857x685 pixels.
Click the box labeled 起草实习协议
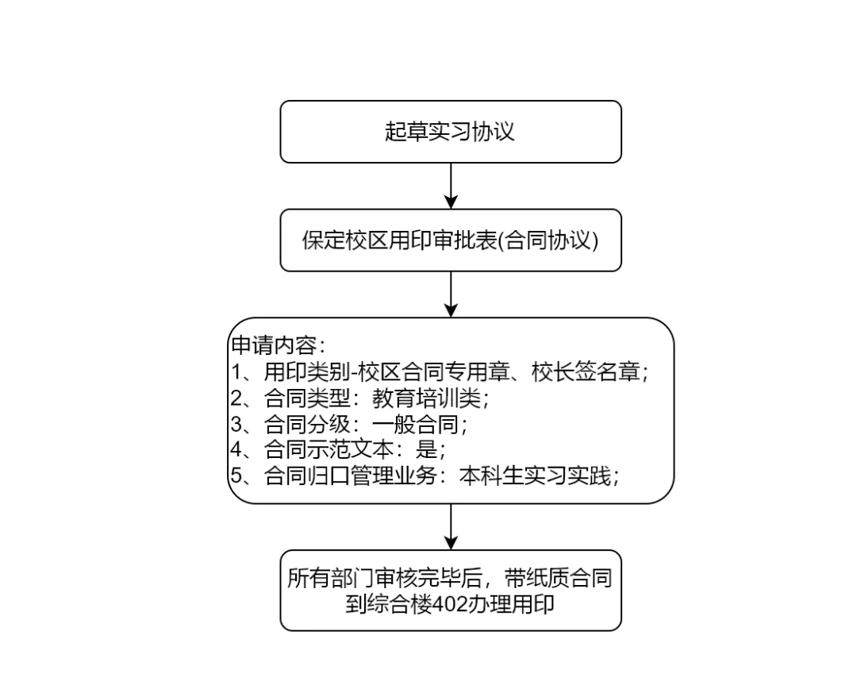(451, 132)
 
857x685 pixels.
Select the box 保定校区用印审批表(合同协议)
(451, 240)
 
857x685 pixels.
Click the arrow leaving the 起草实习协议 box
(451, 186)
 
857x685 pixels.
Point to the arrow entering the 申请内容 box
(451, 294)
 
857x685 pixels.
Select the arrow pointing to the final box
(451, 526)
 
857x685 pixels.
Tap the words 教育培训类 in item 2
(426, 398)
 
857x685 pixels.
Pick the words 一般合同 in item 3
(415, 424)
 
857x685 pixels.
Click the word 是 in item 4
(426, 450)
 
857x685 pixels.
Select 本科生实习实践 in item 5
(535, 476)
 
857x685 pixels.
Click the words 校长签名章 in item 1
(586, 371)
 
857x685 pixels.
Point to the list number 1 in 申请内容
(236, 372)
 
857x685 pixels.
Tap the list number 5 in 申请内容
(236, 476)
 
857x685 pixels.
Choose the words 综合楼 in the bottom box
(399, 605)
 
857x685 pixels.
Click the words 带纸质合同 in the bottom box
(558, 578)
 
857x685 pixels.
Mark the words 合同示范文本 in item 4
(329, 450)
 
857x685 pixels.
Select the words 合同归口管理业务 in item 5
(351, 476)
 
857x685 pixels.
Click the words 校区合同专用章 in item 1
(434, 371)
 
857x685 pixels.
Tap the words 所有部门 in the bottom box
(331, 578)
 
